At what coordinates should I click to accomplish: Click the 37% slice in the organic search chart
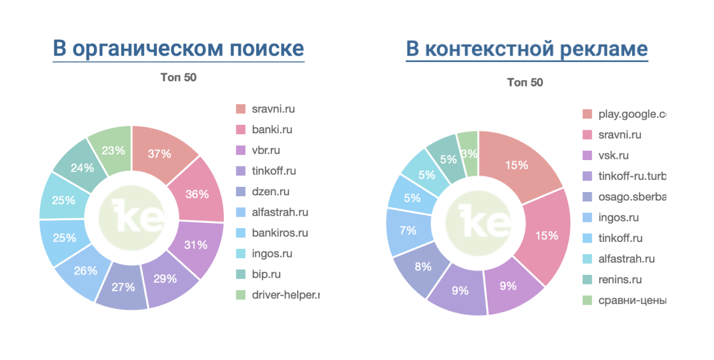point(160,153)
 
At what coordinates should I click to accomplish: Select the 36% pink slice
point(197,194)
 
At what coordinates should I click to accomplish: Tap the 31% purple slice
point(195,244)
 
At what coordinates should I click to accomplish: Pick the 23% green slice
point(113,150)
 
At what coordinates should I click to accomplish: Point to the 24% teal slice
point(82,168)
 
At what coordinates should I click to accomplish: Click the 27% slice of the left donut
point(123,287)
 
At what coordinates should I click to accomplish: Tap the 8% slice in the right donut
point(423,267)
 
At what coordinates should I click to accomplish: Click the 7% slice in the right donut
point(408,230)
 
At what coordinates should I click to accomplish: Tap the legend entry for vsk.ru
point(613,155)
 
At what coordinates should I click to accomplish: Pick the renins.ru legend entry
point(619,280)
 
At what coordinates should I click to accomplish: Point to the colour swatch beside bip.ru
point(240,274)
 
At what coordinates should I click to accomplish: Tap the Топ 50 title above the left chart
point(178,78)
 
